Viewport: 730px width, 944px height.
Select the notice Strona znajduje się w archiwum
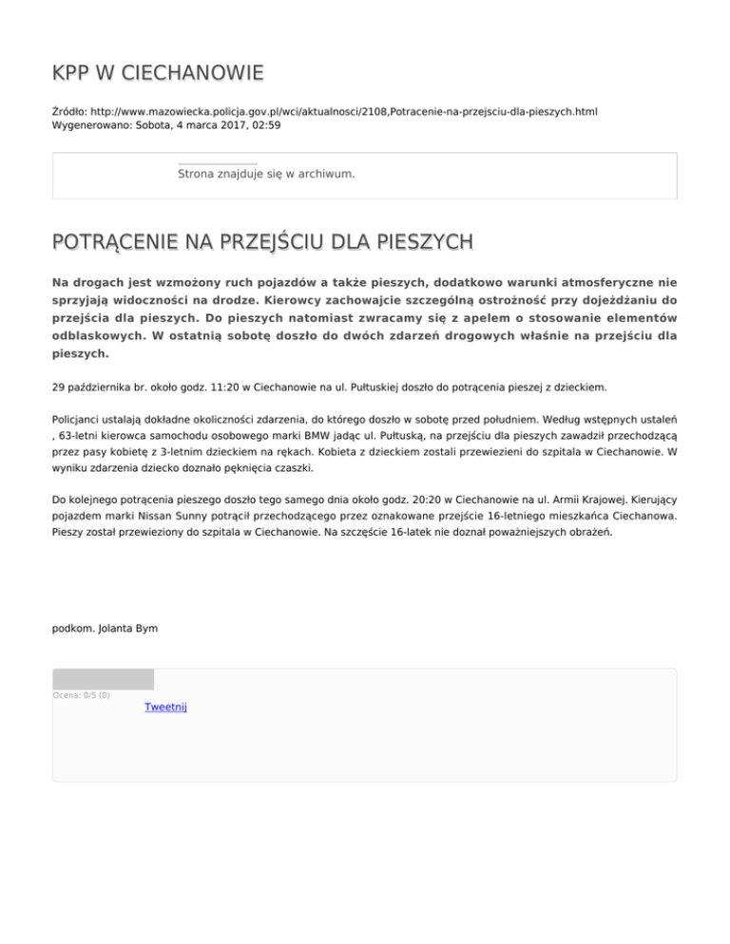266,174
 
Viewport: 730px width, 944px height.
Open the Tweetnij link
165,707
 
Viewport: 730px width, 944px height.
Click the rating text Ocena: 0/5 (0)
81,695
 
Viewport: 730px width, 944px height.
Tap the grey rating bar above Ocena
103,679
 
